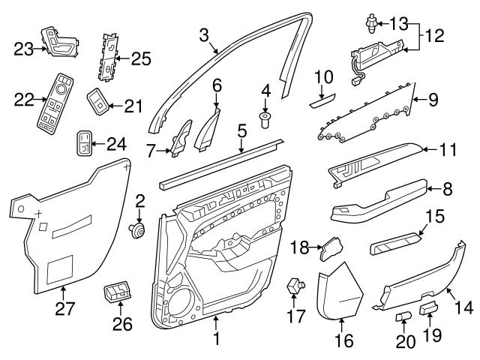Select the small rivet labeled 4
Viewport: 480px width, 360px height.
point(265,118)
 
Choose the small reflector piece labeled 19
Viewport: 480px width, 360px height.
point(430,306)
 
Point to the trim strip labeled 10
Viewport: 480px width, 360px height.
point(323,98)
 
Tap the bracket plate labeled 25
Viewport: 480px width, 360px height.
point(109,56)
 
